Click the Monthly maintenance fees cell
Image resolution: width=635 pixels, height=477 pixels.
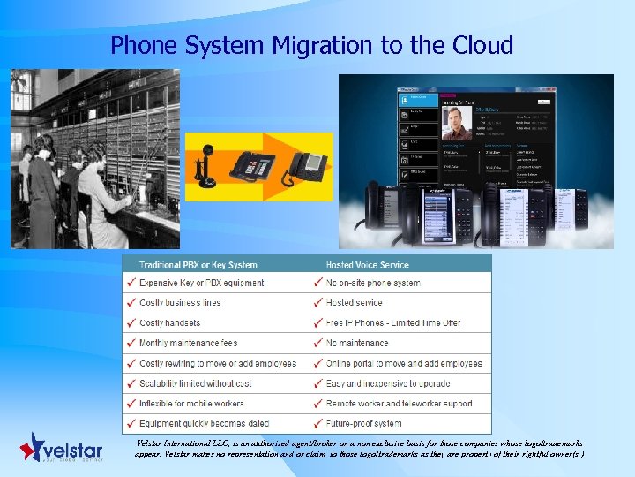pyautogui.click(x=188, y=343)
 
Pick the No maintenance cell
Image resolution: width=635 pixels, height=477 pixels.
pyautogui.click(x=357, y=343)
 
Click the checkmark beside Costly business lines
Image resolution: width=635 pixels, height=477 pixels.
pyautogui.click(x=131, y=303)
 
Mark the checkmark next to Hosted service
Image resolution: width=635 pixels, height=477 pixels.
pyautogui.click(x=317, y=303)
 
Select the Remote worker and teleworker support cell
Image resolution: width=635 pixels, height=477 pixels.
pyautogui.click(x=399, y=404)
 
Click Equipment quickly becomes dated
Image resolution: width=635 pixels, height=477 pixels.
pyautogui.click(x=204, y=424)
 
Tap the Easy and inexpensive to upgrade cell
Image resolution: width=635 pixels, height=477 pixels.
pyautogui.click(x=388, y=383)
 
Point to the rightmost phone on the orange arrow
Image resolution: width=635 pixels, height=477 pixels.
pyautogui.click(x=309, y=164)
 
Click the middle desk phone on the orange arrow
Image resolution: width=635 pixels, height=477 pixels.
pyautogui.click(x=255, y=164)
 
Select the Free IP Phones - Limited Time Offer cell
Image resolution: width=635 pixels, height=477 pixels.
pyautogui.click(x=393, y=323)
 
